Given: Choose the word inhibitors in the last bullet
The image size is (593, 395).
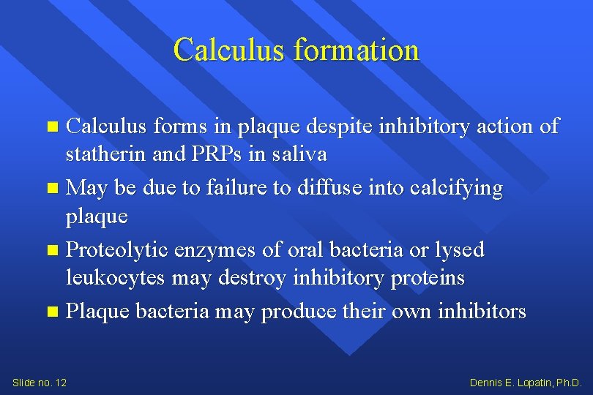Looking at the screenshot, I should coord(481,312).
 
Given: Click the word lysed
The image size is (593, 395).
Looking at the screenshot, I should coord(459,250).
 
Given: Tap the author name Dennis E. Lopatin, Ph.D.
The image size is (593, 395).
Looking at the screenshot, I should coord(526,383).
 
